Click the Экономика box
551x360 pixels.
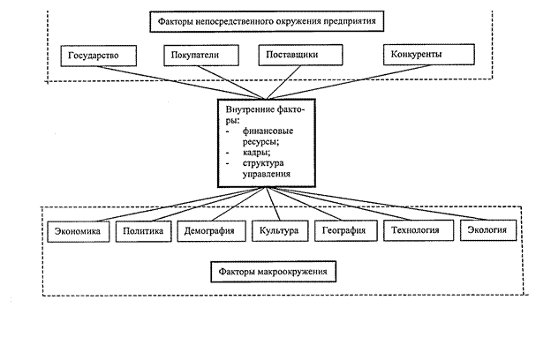click(x=79, y=231)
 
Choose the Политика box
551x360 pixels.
click(x=144, y=231)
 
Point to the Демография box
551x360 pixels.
click(x=210, y=231)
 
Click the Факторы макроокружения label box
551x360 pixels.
click(x=273, y=271)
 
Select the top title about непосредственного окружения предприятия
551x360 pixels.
click(x=273, y=19)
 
